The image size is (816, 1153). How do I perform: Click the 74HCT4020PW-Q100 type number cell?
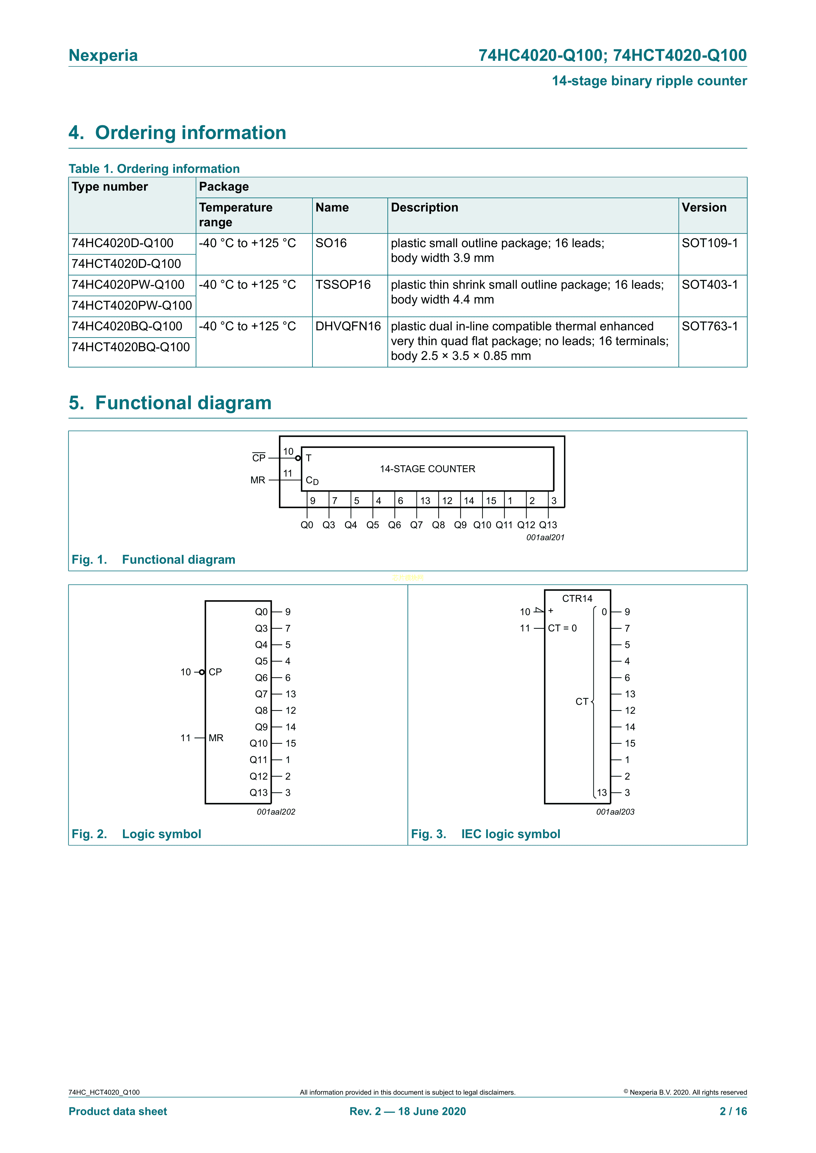(x=132, y=305)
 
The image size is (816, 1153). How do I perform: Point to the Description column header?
(x=425, y=208)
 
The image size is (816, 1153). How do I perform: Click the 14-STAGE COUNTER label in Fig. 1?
(x=427, y=469)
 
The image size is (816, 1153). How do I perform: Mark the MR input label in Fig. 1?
(x=258, y=481)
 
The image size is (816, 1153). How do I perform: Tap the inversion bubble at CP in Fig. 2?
(x=202, y=672)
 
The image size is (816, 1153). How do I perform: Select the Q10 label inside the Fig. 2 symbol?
(x=259, y=743)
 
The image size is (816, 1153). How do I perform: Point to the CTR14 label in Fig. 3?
(x=577, y=599)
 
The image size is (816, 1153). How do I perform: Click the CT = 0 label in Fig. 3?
(x=562, y=628)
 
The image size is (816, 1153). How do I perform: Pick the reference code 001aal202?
(x=276, y=812)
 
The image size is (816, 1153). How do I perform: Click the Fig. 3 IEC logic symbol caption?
(x=485, y=834)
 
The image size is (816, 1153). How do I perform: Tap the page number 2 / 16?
(x=733, y=1111)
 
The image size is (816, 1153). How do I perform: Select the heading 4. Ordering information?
(x=177, y=133)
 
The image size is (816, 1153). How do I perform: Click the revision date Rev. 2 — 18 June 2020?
(x=408, y=1111)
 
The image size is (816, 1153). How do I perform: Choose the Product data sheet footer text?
(x=117, y=1111)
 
